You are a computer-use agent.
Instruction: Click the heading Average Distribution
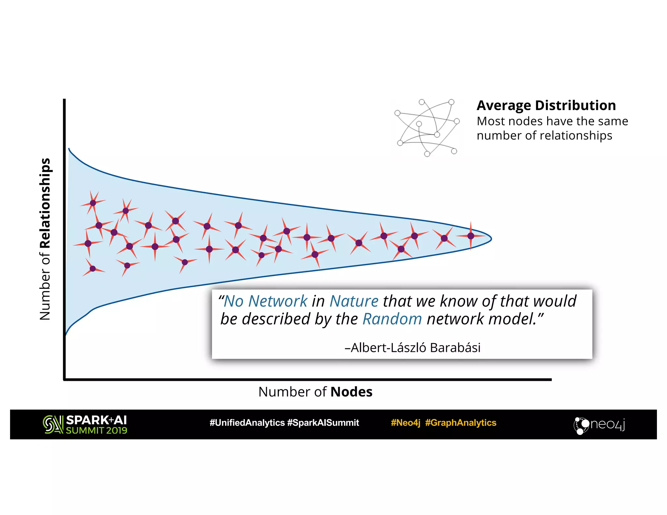(546, 105)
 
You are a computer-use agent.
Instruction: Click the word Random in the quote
(392, 319)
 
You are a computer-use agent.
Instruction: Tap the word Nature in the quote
(354, 301)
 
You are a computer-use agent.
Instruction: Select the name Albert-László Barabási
(412, 348)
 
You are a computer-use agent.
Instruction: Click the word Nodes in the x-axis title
(351, 392)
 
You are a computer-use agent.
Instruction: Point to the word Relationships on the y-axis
(45, 203)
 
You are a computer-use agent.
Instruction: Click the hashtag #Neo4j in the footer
(405, 423)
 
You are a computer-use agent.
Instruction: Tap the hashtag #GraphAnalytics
(461, 423)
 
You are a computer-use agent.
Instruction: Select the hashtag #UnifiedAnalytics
(247, 423)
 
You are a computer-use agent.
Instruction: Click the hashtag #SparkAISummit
(323, 423)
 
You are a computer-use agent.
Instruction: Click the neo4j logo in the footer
(599, 425)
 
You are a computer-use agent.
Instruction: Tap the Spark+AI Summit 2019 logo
(85, 425)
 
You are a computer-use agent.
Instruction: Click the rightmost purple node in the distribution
(471, 236)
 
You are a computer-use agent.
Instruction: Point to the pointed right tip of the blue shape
(491, 239)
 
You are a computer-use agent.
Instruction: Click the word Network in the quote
(278, 301)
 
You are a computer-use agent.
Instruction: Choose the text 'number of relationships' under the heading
(544, 135)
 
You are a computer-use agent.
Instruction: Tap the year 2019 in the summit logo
(116, 431)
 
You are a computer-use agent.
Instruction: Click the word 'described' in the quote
(276, 319)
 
